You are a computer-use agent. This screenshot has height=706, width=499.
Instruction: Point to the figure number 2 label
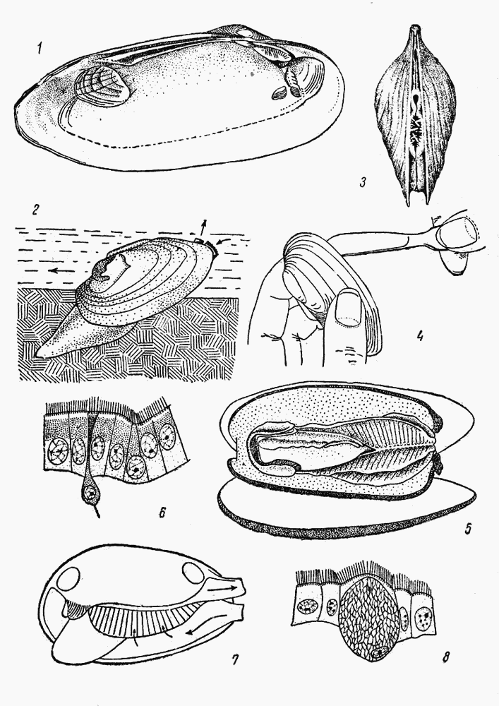pos(35,210)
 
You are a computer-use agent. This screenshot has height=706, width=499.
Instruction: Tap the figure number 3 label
pos(363,183)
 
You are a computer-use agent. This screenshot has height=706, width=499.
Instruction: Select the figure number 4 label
pos(419,336)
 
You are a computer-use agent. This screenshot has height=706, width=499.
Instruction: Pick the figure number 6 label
pos(163,512)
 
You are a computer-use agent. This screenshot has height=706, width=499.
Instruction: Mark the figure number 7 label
pos(234,659)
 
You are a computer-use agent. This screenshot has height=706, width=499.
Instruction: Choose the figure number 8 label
pos(445,657)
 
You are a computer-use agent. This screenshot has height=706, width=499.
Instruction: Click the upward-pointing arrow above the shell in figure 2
pos(203,228)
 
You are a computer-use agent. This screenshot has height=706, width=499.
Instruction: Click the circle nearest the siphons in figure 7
pos(193,573)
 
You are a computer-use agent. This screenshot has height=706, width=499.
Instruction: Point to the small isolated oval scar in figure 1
pos(279,92)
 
